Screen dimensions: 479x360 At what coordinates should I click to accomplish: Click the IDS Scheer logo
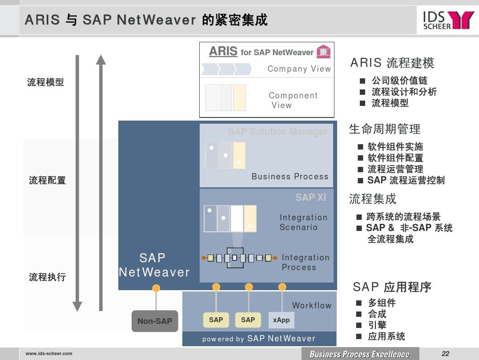tap(448, 20)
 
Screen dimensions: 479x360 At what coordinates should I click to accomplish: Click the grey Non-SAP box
tap(155, 321)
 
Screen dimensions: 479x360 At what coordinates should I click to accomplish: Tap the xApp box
tap(282, 320)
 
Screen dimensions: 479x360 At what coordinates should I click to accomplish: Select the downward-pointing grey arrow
tap(77, 183)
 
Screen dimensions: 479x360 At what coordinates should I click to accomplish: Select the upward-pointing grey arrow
tap(101, 183)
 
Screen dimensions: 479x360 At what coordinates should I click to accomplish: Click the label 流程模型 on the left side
tap(46, 82)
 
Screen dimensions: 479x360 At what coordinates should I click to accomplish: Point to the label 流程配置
tap(47, 180)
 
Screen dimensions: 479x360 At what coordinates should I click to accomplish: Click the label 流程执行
tap(47, 277)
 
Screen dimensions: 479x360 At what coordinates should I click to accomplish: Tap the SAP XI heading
tap(311, 198)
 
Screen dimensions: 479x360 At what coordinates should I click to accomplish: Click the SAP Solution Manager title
tap(278, 131)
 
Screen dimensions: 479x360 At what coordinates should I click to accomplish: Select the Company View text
tap(299, 69)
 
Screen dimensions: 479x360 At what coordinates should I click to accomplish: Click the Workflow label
tap(312, 305)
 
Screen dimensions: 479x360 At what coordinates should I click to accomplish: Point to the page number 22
tap(445, 354)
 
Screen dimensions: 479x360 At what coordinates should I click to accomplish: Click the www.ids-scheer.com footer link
tap(49, 354)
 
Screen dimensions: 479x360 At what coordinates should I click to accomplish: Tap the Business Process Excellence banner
tap(359, 354)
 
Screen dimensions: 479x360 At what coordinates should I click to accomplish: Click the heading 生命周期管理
tap(385, 129)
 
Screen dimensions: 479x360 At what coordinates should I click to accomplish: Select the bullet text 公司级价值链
tap(399, 81)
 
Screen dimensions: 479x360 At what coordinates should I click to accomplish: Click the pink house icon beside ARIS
tap(323, 51)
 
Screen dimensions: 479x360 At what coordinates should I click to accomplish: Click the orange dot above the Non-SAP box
tap(156, 288)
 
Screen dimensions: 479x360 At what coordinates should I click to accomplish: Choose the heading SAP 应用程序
tap(392, 287)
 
